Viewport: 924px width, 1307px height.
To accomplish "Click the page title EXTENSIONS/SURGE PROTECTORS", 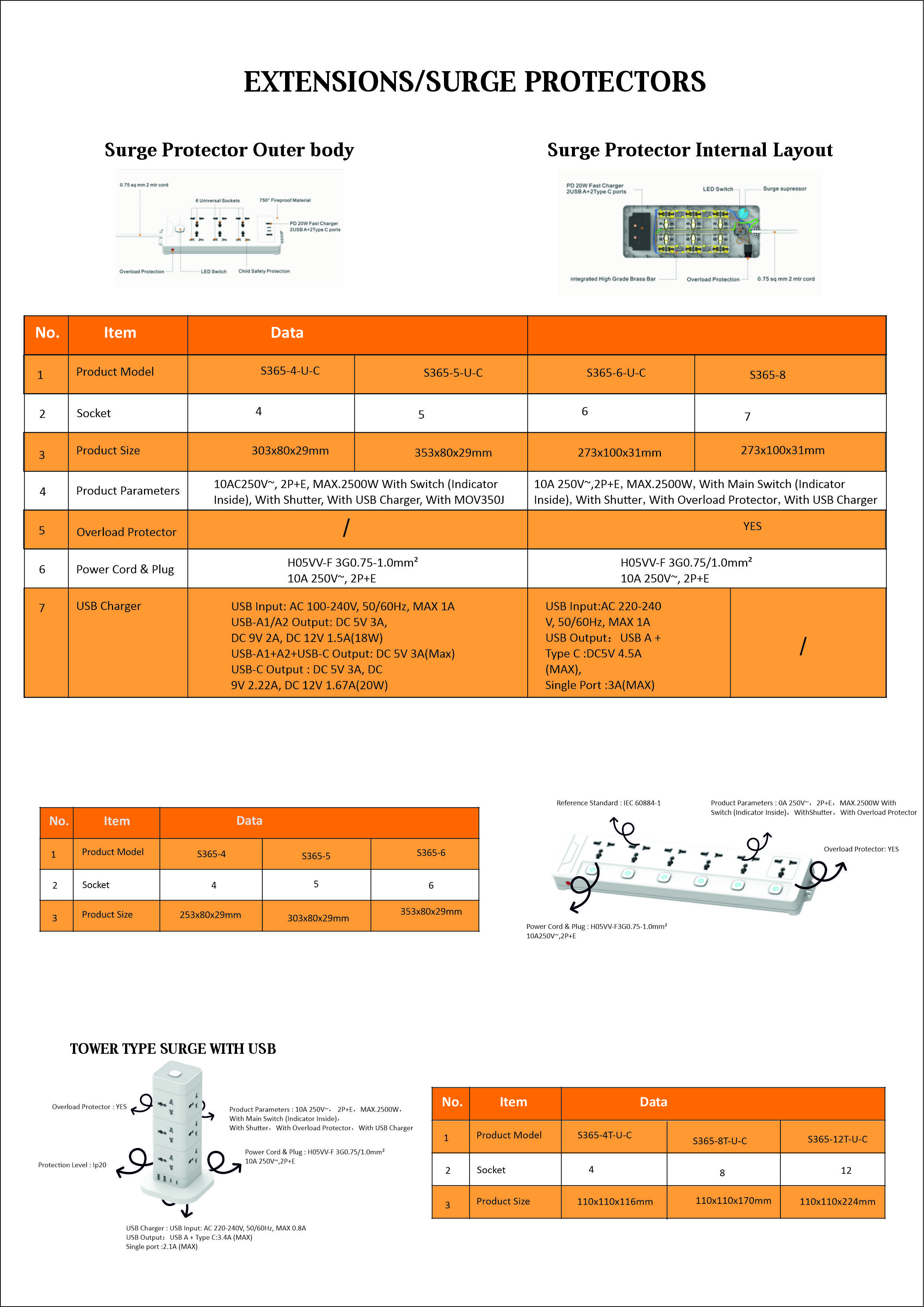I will click(474, 82).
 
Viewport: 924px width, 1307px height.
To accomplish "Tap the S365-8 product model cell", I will click(767, 375).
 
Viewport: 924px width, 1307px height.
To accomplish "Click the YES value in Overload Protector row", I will click(752, 527).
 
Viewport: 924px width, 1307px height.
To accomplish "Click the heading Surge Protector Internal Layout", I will click(690, 150).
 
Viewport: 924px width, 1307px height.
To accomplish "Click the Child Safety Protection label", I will click(263, 271).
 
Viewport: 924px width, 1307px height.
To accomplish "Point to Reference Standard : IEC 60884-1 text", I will click(608, 803).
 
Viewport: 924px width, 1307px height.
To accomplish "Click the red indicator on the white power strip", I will click(568, 883).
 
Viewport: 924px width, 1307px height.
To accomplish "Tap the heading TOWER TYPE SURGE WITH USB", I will click(173, 1049).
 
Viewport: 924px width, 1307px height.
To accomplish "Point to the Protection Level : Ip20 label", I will click(72, 1165).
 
